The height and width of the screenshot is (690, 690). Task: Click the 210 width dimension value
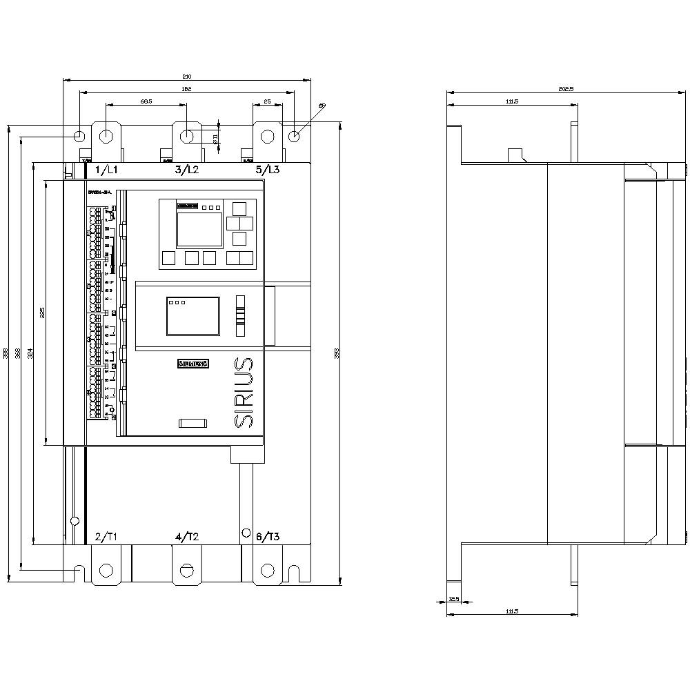[186, 76]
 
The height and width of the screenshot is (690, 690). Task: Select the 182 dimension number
[186, 89]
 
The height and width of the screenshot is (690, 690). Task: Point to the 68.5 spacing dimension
[146, 101]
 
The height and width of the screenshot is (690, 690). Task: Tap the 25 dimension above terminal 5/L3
[267, 101]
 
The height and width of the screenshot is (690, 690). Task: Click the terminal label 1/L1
[107, 170]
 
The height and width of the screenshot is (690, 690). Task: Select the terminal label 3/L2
[187, 170]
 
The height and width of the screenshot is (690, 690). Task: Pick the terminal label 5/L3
[268, 170]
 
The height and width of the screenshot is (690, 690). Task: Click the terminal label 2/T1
[107, 537]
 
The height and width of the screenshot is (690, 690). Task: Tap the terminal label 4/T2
[187, 537]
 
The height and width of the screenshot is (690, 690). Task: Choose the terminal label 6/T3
[268, 537]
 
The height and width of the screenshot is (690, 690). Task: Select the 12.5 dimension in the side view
[453, 598]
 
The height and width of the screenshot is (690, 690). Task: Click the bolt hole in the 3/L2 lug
[187, 136]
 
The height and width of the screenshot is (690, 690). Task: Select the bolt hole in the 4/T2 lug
[187, 570]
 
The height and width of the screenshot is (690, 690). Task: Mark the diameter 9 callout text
[322, 106]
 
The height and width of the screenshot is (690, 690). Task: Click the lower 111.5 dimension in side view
[511, 611]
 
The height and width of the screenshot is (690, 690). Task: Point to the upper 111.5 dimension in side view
[511, 101]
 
